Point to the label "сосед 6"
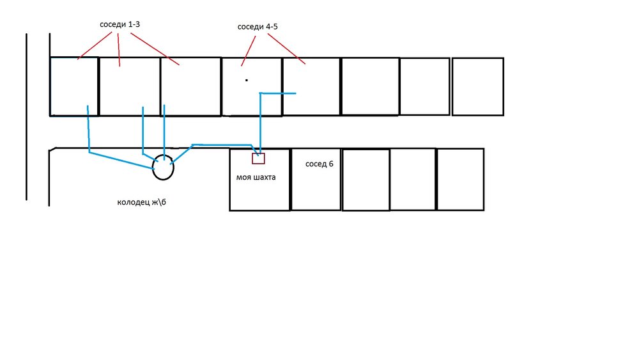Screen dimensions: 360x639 [319, 164]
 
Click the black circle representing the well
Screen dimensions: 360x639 [163, 168]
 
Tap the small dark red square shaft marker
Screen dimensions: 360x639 [258, 158]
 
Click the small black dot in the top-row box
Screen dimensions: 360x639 [247, 80]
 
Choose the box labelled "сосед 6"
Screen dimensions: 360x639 [316, 189]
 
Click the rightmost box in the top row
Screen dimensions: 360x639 [477, 86]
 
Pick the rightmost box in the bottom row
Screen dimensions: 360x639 [460, 179]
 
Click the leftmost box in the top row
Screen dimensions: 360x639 [74, 86]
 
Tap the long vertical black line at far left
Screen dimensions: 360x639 [26, 116]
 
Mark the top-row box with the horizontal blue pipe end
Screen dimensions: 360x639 [311, 86]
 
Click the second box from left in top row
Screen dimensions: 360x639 [130, 86]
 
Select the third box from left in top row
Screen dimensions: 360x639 [190, 86]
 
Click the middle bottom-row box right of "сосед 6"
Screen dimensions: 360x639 [413, 179]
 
